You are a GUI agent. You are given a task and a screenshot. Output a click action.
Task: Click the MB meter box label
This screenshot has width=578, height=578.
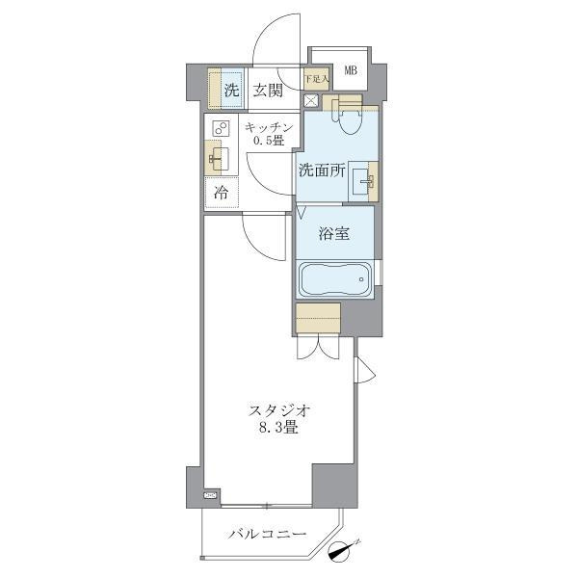[351, 70]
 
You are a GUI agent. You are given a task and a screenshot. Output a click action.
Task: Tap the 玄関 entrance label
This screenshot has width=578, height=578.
[268, 91]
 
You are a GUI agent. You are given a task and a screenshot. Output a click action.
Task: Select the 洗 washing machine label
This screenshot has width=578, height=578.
[231, 90]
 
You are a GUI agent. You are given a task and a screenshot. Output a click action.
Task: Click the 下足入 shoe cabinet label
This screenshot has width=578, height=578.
[316, 79]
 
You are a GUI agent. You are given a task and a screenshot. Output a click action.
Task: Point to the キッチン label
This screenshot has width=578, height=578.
[269, 127]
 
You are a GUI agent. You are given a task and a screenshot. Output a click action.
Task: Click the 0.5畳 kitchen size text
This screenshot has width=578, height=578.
[269, 141]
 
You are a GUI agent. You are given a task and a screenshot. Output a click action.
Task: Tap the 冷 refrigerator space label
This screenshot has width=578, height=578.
[222, 193]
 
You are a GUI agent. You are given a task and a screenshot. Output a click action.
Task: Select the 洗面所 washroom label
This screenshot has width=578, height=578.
[322, 171]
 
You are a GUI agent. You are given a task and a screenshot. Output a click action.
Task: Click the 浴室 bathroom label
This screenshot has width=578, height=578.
[334, 233]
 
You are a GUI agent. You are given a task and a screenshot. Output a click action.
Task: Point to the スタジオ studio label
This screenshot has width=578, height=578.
[278, 410]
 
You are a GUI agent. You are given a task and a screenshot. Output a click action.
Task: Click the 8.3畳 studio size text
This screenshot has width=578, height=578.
[278, 428]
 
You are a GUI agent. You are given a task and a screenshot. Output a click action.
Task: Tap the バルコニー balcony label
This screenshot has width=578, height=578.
[267, 534]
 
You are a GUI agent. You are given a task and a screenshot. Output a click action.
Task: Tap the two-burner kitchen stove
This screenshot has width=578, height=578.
[222, 129]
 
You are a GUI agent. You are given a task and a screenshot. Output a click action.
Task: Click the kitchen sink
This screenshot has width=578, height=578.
[218, 157]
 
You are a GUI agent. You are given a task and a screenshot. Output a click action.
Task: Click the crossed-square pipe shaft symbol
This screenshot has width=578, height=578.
[311, 100]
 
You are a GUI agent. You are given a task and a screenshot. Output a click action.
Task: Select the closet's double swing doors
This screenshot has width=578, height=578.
[318, 347]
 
